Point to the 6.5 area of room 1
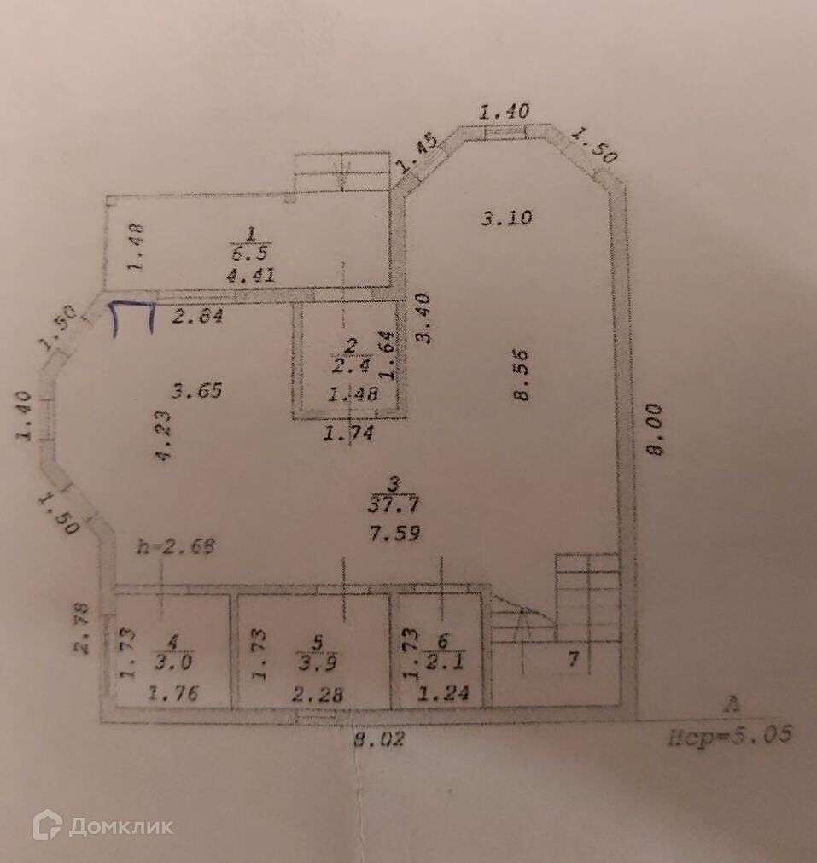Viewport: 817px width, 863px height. [x=249, y=254]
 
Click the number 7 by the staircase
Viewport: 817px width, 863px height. [x=574, y=658]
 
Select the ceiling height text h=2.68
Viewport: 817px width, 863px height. [x=175, y=547]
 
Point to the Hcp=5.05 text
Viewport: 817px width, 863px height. [x=731, y=733]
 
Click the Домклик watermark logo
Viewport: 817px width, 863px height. [x=102, y=825]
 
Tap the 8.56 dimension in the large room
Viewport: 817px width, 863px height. [x=522, y=374]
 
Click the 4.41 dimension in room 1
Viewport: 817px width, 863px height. [x=249, y=275]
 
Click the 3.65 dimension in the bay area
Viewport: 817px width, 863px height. [x=196, y=392]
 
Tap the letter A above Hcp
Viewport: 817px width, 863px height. [x=730, y=704]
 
